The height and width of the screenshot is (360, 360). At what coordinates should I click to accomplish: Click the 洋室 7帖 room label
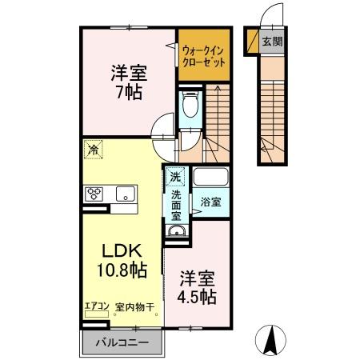tap(126, 80)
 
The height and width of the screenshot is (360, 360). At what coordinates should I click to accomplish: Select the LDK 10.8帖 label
tap(122, 261)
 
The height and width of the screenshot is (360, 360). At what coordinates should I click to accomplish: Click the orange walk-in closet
tap(202, 54)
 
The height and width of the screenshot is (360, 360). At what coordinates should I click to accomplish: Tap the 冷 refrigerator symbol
tap(94, 149)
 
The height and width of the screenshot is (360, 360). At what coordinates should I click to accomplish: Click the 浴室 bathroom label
tap(211, 202)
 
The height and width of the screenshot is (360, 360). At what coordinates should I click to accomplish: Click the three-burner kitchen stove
tap(94, 193)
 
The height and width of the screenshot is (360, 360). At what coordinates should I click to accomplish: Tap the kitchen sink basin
tap(125, 193)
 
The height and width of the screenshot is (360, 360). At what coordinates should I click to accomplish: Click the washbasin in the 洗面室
tap(176, 232)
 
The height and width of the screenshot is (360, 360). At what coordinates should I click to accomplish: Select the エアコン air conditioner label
tap(96, 305)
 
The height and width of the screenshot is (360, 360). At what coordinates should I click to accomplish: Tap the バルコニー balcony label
tap(123, 342)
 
